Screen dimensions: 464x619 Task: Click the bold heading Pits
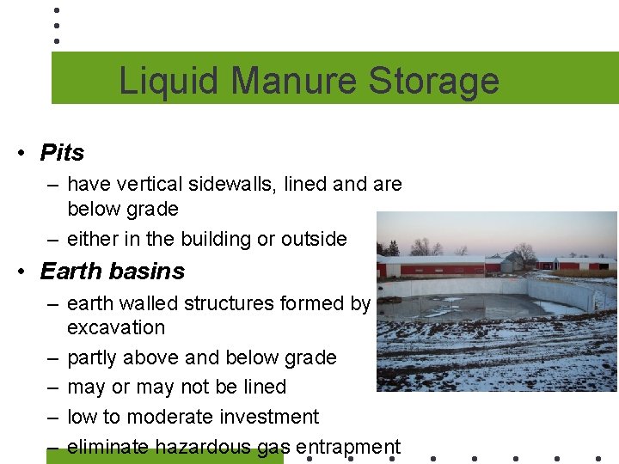click(62, 153)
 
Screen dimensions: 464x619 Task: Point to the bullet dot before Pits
click(18, 154)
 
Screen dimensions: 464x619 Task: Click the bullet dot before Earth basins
click(18, 272)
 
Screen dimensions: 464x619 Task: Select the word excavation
click(116, 327)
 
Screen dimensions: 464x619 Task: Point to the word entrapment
click(347, 447)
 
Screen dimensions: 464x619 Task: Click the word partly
click(94, 357)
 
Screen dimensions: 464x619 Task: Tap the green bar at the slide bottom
click(163, 458)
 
